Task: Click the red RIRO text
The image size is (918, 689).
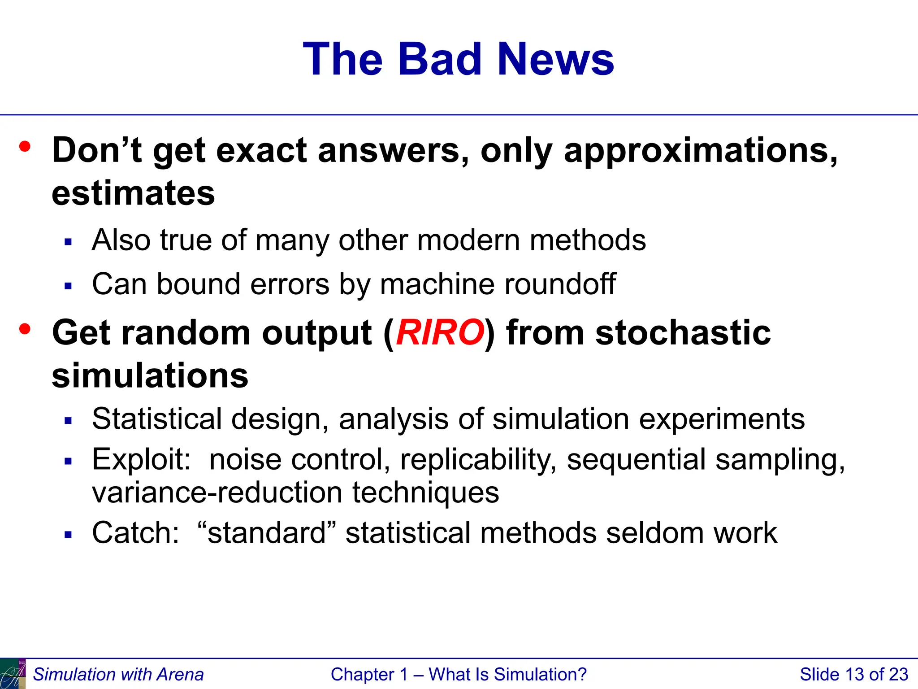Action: pyautogui.click(x=440, y=332)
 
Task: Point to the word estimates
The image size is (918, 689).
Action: pyautogui.click(x=133, y=193)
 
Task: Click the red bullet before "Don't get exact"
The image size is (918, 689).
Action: pyautogui.click(x=25, y=147)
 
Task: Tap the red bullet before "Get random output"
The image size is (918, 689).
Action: pyautogui.click(x=25, y=329)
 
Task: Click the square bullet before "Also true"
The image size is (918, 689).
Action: pyautogui.click(x=68, y=242)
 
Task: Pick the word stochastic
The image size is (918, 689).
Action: pyautogui.click(x=683, y=332)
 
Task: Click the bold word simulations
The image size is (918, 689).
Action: pyautogui.click(x=150, y=375)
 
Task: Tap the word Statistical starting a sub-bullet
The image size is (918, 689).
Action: pyautogui.click(x=157, y=419)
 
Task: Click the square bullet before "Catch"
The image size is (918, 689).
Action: pyautogui.click(x=68, y=535)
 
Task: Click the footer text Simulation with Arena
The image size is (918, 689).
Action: pyautogui.click(x=118, y=674)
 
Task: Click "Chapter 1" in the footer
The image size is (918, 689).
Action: pyautogui.click(x=369, y=674)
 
